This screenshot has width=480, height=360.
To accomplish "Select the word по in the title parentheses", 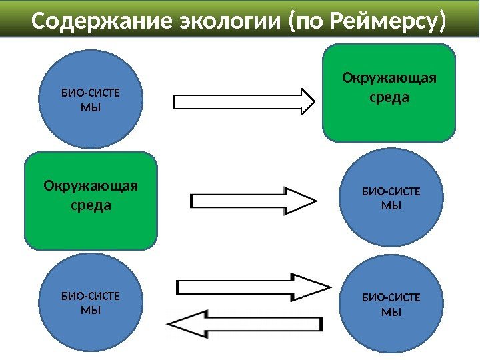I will (x=309, y=23).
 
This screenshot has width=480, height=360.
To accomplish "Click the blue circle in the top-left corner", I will (x=91, y=101).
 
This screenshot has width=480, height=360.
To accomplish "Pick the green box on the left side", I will (x=91, y=200).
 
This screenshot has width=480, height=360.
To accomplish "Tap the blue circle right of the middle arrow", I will (x=391, y=199).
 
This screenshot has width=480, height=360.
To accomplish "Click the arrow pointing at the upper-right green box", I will (x=244, y=101).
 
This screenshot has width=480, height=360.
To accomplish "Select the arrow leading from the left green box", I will (x=253, y=201).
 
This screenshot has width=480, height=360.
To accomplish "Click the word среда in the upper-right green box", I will (x=389, y=98).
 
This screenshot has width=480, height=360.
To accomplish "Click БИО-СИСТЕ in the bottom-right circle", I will (x=391, y=298).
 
